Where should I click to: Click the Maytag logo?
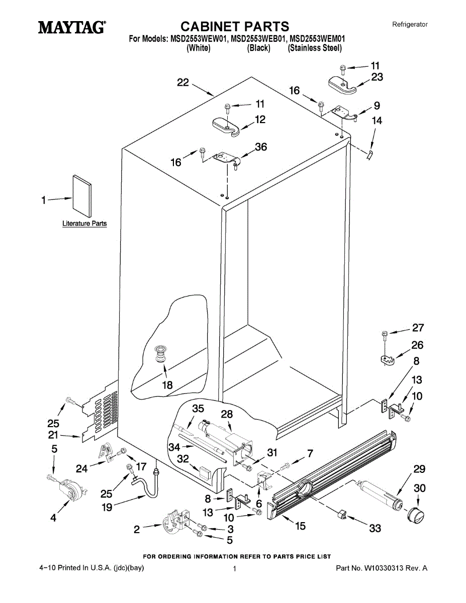click(72, 27)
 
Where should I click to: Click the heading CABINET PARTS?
click(235, 26)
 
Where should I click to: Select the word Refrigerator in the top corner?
click(410, 24)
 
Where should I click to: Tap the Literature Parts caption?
click(84, 224)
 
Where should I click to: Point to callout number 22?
click(183, 83)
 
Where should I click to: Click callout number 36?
click(261, 147)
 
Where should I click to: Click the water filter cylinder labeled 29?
click(379, 495)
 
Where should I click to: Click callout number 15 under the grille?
click(300, 526)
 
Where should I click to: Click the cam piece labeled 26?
click(386, 360)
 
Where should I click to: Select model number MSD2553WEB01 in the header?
click(258, 39)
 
